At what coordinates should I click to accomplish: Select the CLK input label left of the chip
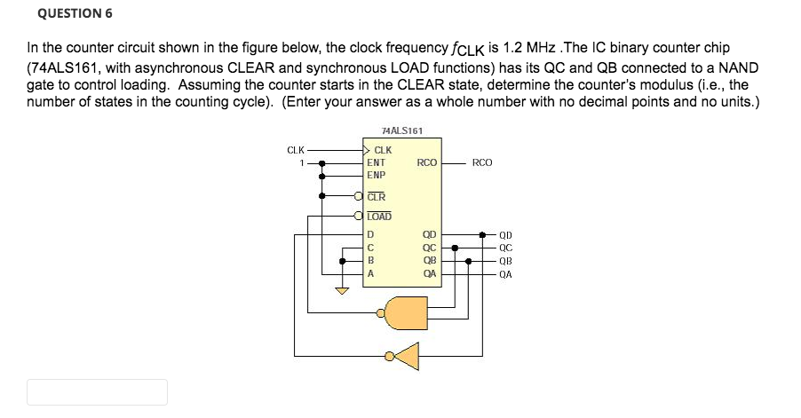pyautogui.click(x=296, y=150)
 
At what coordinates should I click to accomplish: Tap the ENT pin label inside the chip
pyautogui.click(x=377, y=163)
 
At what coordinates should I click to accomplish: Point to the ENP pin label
pyautogui.click(x=377, y=175)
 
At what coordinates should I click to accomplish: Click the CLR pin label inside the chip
pyautogui.click(x=377, y=196)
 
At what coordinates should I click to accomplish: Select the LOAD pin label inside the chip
pyautogui.click(x=379, y=216)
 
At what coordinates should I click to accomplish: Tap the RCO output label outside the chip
pyautogui.click(x=482, y=163)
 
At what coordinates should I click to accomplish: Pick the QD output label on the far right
pyautogui.click(x=506, y=236)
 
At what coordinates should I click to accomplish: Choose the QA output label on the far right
pyautogui.click(x=506, y=274)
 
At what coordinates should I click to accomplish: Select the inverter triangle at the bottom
pyautogui.click(x=406, y=357)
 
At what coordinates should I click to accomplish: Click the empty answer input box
pyautogui.click(x=97, y=392)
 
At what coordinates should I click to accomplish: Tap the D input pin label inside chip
pyautogui.click(x=370, y=235)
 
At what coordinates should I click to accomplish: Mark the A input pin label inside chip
pyautogui.click(x=370, y=274)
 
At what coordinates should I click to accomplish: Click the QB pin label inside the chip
pyautogui.click(x=430, y=261)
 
